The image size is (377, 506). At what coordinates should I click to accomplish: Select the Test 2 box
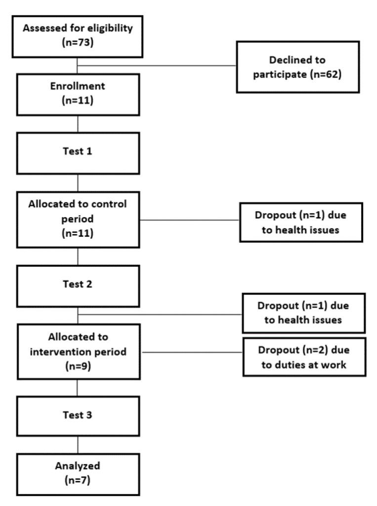(x=78, y=285)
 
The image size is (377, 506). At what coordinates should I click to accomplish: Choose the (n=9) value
(x=77, y=367)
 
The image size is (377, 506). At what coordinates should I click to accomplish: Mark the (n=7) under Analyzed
(x=78, y=481)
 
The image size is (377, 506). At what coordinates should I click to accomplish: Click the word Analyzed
(x=78, y=468)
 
